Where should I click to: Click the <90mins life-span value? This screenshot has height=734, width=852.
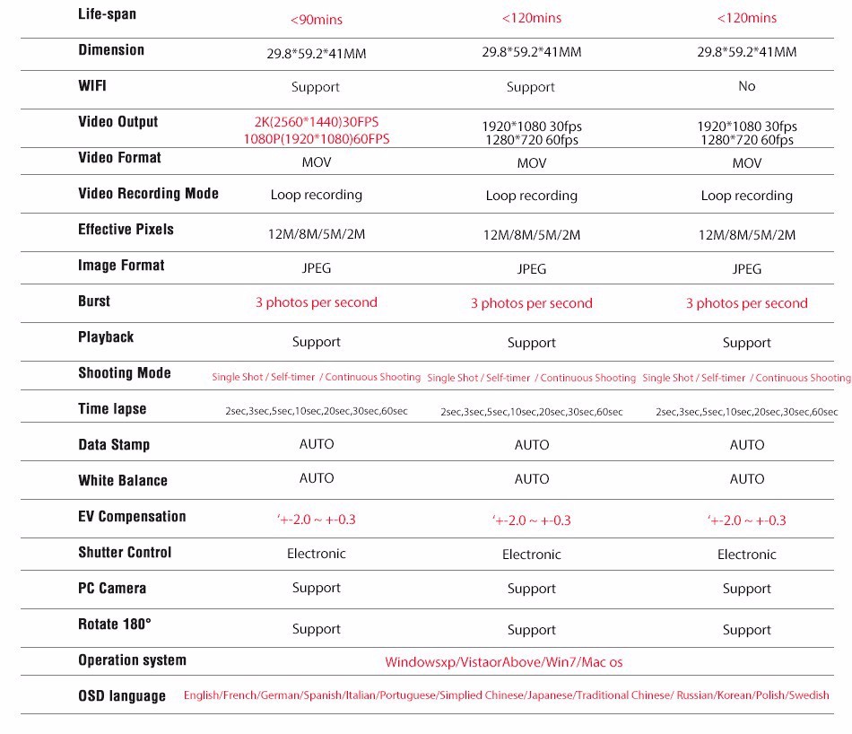pyautogui.click(x=316, y=19)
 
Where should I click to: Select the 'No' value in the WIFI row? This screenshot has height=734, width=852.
pyautogui.click(x=746, y=86)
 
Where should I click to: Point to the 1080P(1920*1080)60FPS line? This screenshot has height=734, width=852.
pyautogui.click(x=316, y=139)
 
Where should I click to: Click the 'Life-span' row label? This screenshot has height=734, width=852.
pyautogui.click(x=108, y=14)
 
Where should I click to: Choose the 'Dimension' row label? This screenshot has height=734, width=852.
pyautogui.click(x=111, y=50)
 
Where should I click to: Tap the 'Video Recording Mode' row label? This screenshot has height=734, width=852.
pyautogui.click(x=148, y=194)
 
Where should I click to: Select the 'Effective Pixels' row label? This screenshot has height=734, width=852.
pyautogui.click(x=126, y=230)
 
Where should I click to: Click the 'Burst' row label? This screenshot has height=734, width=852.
pyautogui.click(x=94, y=301)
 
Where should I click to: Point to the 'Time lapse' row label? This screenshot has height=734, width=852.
pyautogui.click(x=112, y=409)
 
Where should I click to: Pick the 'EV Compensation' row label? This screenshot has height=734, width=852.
pyautogui.click(x=132, y=517)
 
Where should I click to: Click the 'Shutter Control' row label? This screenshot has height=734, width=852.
pyautogui.click(x=125, y=553)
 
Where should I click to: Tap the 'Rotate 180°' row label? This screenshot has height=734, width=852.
pyautogui.click(x=115, y=625)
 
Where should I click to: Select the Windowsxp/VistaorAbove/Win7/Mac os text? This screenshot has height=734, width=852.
pyautogui.click(x=503, y=662)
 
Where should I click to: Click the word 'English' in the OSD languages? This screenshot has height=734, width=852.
pyautogui.click(x=201, y=695)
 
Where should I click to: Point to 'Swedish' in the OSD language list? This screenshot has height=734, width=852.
pyautogui.click(x=809, y=695)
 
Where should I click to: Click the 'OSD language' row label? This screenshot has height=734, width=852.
pyautogui.click(x=122, y=696)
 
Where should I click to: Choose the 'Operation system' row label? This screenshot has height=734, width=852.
pyautogui.click(x=132, y=660)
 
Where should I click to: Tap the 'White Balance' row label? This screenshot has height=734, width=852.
pyautogui.click(x=123, y=481)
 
